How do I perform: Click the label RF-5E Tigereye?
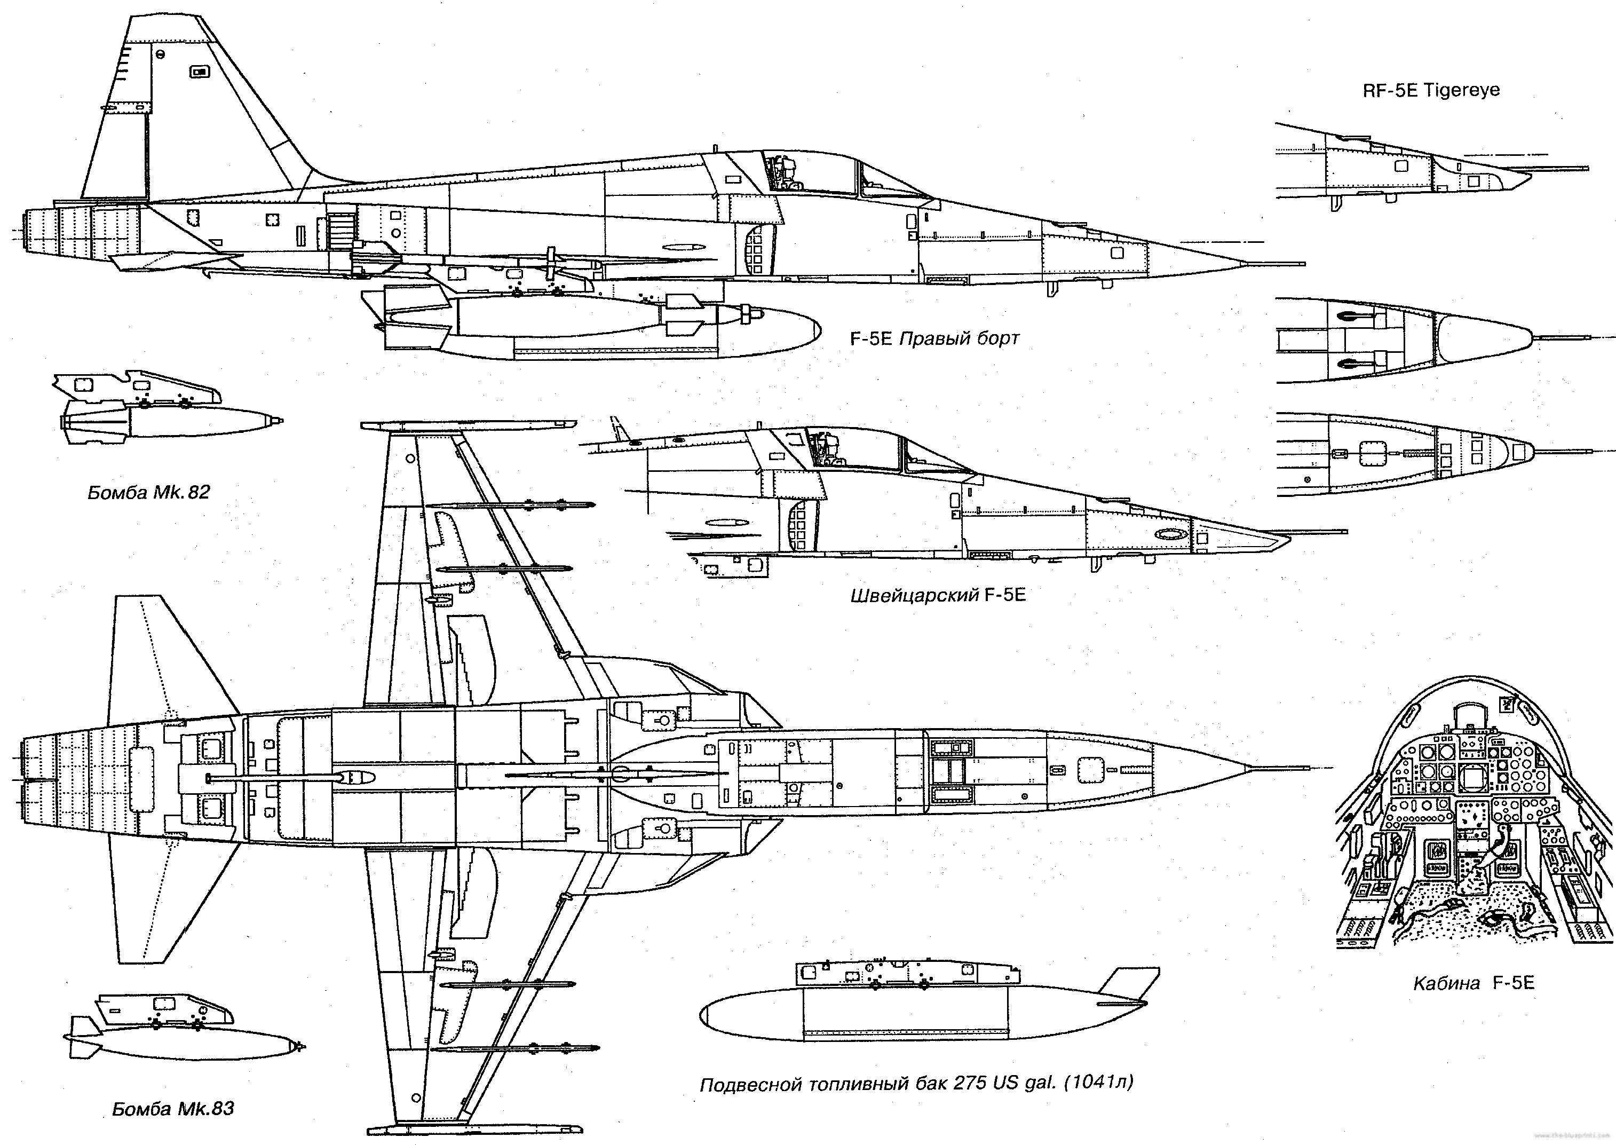[x=1431, y=91]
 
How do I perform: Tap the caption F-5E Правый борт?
[x=934, y=339]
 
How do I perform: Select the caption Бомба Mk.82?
[x=149, y=492]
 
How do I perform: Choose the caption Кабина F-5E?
[x=1474, y=983]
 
